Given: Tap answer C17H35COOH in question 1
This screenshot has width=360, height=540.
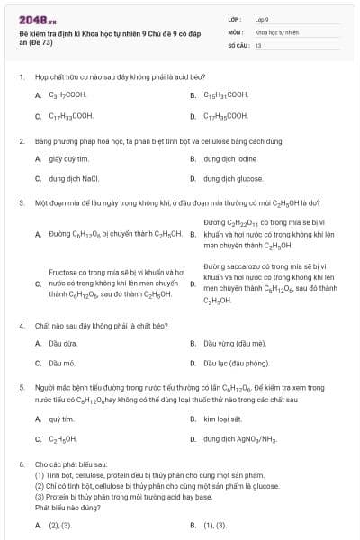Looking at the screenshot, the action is [x=226, y=116].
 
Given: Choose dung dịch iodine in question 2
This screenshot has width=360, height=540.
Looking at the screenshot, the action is [x=229, y=159].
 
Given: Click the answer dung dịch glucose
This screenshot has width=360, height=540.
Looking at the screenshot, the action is [x=233, y=179].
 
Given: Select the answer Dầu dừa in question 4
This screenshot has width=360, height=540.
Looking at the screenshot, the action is [x=62, y=343].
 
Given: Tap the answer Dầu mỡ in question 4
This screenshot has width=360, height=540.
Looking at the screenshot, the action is [x=61, y=363].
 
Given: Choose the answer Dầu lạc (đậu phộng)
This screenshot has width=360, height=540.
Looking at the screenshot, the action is [x=237, y=363].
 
